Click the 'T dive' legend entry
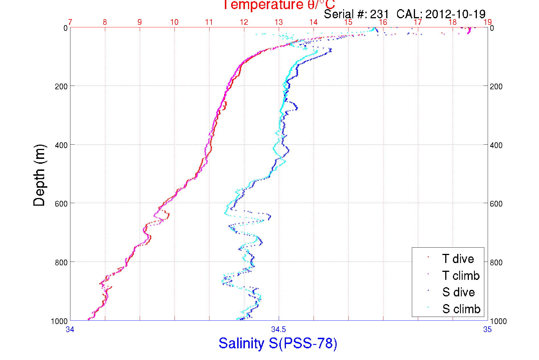point(458,259)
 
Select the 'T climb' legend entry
point(461,276)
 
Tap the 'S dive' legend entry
point(458,292)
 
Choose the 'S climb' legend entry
point(461,309)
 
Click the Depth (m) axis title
point(39,175)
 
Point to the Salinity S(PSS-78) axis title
point(278,343)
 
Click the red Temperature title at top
point(278,5)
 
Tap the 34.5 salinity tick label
point(278,329)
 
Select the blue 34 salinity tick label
point(70,329)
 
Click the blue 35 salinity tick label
point(487,329)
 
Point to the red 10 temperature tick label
point(174,22)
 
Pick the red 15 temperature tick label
point(348,22)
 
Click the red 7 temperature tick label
point(70,22)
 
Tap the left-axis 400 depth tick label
point(61,145)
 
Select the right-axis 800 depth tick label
point(496,262)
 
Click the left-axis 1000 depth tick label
point(59,321)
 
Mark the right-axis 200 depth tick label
point(496,86)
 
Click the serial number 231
point(379,14)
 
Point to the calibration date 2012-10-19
point(455,14)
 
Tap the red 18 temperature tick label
point(453,22)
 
